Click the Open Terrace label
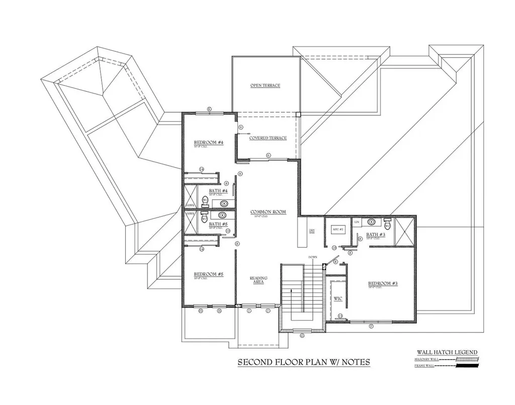(x=265, y=86)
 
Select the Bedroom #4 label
(x=208, y=143)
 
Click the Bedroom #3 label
(x=383, y=284)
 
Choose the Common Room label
(x=268, y=212)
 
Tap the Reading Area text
(x=259, y=280)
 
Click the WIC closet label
(x=338, y=298)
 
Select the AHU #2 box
(x=337, y=229)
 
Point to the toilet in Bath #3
(x=387, y=225)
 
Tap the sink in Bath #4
(x=224, y=204)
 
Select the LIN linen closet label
(x=356, y=221)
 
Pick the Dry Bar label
(x=312, y=231)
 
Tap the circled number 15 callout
(x=334, y=248)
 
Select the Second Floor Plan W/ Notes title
(x=303, y=362)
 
